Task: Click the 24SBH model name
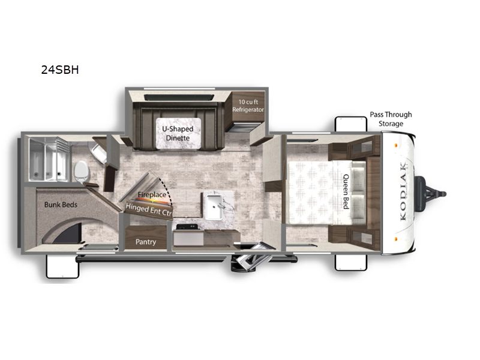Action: pos(60,70)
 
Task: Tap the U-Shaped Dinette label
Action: pos(178,133)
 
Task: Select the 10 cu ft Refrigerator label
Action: pos(248,106)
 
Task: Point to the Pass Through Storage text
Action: pos(391,119)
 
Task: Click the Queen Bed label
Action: pos(346,191)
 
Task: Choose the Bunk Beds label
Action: pos(61,205)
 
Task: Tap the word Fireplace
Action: pos(152,194)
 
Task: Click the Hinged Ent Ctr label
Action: pos(149,209)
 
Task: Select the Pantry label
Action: pos(146,242)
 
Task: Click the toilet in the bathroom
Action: pos(82,172)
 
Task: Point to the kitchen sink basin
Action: pos(214,207)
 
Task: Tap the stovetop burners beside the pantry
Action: pos(187,227)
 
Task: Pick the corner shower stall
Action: pos(49,159)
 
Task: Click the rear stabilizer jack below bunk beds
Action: pos(62,266)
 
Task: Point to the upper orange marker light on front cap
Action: pos(396,145)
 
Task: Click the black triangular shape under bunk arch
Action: pos(69,234)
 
